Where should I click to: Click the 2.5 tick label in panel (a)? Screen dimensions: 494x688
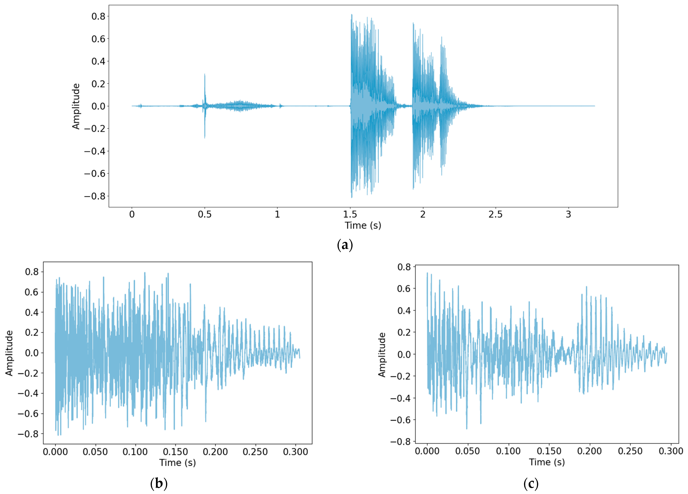(x=495, y=215)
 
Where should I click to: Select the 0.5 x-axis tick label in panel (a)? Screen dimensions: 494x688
(x=204, y=215)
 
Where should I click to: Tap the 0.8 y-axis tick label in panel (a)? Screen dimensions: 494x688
(x=98, y=16)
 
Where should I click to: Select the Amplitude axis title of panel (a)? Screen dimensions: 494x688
(x=76, y=106)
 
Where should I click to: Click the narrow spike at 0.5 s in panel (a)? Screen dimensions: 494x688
(x=205, y=91)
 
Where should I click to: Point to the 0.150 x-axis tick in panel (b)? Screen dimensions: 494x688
(x=175, y=452)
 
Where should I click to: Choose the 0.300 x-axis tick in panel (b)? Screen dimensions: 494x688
(x=296, y=452)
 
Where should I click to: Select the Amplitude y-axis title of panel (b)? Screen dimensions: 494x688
(x=9, y=353)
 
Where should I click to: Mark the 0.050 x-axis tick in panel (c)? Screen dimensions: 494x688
(x=468, y=451)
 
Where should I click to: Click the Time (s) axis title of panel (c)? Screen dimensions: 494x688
(x=547, y=462)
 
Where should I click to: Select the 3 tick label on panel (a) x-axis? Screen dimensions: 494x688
(x=568, y=215)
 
